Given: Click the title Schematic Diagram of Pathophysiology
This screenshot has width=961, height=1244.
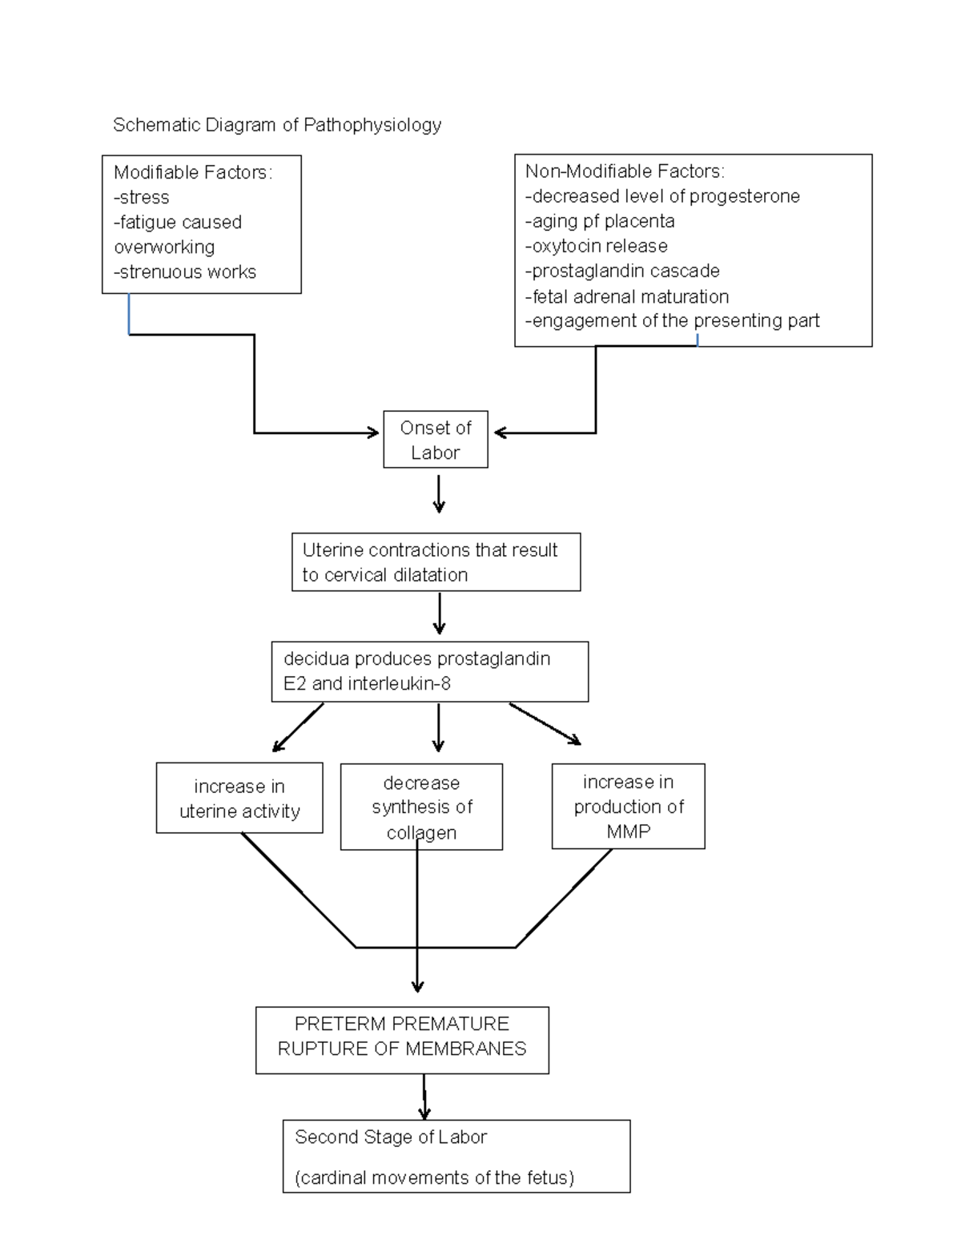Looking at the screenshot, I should [277, 125].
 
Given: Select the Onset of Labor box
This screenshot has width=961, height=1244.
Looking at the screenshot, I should [435, 440].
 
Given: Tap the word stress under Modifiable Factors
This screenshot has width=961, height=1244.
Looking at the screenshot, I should [144, 197].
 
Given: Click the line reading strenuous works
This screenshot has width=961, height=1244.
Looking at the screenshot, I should [186, 272].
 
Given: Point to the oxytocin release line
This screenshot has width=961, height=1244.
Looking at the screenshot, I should [597, 246].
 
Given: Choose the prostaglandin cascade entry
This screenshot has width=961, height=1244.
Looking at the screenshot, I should [623, 271].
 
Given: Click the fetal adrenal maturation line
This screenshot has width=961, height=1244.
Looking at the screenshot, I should [628, 296].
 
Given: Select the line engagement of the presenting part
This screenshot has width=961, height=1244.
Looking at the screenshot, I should [673, 321].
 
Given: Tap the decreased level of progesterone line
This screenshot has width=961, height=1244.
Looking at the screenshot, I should [663, 196].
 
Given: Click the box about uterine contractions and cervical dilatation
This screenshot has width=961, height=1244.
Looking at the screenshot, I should [436, 562].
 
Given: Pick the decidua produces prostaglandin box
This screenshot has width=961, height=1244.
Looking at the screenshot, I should [429, 671].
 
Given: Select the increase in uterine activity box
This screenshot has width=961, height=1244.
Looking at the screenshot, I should [239, 799].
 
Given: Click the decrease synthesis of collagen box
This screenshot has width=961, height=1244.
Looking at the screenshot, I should [421, 807].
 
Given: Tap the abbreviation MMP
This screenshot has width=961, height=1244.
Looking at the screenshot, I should [629, 831].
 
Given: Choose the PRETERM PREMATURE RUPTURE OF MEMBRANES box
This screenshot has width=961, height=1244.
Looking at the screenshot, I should [402, 1040].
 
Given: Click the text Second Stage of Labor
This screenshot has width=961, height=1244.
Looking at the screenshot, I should [391, 1137].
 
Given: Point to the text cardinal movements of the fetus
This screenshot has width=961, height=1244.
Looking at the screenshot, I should [435, 1178].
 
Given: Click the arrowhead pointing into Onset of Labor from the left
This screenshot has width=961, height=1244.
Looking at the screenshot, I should [372, 433].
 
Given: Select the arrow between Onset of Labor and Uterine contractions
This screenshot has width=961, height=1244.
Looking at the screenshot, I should [439, 494].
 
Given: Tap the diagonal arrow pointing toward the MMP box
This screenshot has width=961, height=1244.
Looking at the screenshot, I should [545, 724].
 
